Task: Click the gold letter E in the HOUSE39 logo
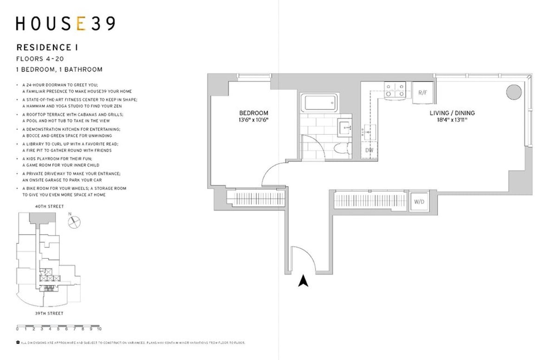pos(80,24)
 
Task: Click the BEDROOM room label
pos(253,113)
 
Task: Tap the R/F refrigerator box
pos(422,92)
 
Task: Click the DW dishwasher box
pos(369,150)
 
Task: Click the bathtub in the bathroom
pos(319,103)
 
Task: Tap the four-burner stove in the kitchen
pos(395,90)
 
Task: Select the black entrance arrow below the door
pos(303,281)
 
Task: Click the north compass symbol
pos(74,222)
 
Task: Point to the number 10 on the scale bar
pos(99,329)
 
